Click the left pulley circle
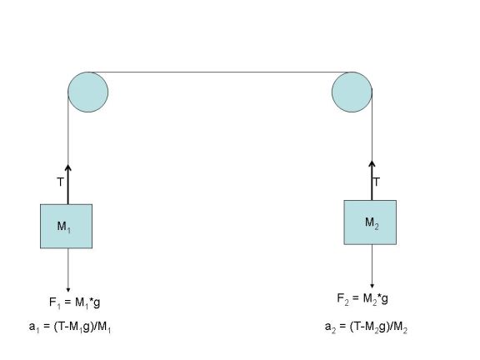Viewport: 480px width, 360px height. click(87, 92)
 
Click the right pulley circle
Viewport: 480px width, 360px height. click(352, 92)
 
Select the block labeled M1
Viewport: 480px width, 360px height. click(66, 226)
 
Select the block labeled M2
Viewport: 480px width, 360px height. click(370, 222)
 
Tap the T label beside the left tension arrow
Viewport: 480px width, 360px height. click(60, 182)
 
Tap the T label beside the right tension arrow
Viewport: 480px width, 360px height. click(377, 182)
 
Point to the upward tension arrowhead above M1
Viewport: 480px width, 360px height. click(68, 167)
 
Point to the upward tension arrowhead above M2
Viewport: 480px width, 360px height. click(372, 163)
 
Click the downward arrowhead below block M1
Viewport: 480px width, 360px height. click(68, 290)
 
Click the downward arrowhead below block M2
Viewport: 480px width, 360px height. click(372, 286)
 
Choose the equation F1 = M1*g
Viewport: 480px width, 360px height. click(74, 302)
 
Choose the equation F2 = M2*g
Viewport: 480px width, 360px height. click(362, 298)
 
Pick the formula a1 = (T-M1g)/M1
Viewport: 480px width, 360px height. click(70, 327)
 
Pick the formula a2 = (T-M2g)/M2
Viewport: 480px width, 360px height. click(366, 327)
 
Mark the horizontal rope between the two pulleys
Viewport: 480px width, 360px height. click(220, 72)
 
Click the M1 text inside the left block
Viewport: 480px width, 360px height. click(64, 227)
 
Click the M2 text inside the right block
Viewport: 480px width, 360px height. click(372, 222)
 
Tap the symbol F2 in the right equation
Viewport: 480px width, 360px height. click(342, 299)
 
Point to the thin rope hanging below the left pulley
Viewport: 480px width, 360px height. click(68, 128)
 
